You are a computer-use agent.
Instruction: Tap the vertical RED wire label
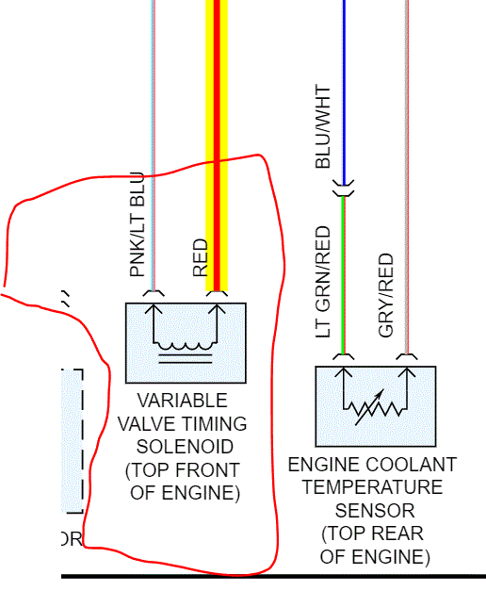200,256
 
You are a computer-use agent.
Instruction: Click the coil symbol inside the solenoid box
186,349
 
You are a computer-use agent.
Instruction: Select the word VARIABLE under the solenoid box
183,401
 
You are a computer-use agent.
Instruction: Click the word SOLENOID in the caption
183,446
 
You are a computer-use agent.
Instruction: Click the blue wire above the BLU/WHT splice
344,85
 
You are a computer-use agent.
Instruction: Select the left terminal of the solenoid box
152,298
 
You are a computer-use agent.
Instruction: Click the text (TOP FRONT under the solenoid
183,469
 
